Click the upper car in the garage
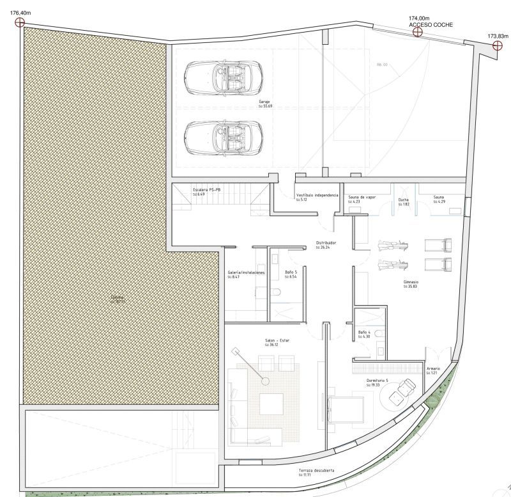click(x=223, y=77)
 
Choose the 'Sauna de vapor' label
click(x=362, y=197)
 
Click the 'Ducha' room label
click(x=403, y=200)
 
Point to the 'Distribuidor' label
click(x=326, y=243)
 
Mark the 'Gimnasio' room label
click(x=411, y=281)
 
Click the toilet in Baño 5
click(x=276, y=292)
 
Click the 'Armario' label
click(x=434, y=369)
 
